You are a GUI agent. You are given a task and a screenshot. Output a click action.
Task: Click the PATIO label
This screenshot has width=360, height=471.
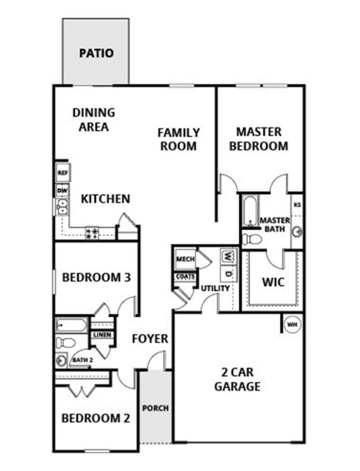tap(96, 53)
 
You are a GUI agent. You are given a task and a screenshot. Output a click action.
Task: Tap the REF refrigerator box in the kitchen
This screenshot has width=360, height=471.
tap(63, 173)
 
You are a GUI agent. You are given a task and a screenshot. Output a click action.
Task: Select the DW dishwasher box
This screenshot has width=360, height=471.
tap(62, 190)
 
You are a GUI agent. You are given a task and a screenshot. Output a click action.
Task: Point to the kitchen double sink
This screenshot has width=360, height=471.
tap(62, 207)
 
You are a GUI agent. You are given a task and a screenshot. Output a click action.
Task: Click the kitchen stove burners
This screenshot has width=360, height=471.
tap(92, 233)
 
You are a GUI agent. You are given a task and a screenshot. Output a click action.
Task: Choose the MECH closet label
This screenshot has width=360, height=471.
tap(185, 259)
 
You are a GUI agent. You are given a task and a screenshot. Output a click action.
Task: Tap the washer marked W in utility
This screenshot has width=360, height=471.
tap(228, 256)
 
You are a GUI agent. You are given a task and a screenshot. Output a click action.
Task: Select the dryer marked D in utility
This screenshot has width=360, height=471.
tap(228, 274)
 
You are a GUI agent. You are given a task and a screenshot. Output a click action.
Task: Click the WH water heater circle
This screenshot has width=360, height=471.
tap(292, 325)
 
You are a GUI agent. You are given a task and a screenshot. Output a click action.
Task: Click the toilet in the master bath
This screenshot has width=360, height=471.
tap(252, 240)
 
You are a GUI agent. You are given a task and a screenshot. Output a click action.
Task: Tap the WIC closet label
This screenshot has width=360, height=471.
tap(273, 282)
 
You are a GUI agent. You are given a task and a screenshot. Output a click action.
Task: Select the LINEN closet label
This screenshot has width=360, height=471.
tap(102, 334)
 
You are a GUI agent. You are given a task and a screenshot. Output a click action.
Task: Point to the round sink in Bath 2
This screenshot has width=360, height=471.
tap(62, 360)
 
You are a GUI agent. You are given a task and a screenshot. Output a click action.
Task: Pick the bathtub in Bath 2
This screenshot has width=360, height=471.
tap(72, 325)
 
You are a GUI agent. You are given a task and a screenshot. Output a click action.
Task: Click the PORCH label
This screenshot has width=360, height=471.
tap(156, 408)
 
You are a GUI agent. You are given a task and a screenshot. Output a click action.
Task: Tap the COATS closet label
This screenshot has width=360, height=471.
tap(185, 277)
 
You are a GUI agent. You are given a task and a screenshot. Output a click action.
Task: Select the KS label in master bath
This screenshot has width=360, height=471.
tap(298, 205)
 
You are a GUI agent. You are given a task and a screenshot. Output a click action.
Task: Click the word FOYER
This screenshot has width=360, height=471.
tap(150, 339)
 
